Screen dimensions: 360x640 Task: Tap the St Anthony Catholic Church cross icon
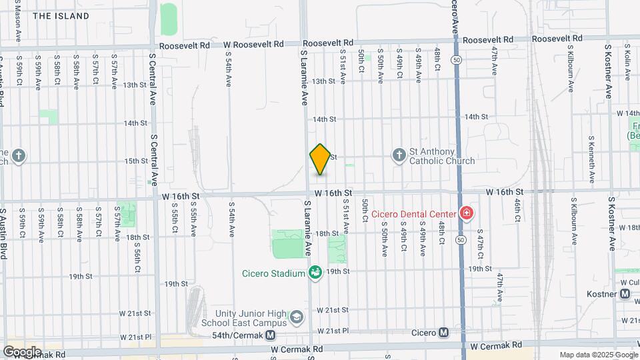(x=399, y=155)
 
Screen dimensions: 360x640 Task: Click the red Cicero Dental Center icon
(x=467, y=214)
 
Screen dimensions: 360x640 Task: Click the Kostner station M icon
(x=625, y=293)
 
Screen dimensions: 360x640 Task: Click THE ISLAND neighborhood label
(x=61, y=15)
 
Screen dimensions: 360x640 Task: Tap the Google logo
(x=22, y=351)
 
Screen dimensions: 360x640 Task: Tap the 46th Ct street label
(x=517, y=210)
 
